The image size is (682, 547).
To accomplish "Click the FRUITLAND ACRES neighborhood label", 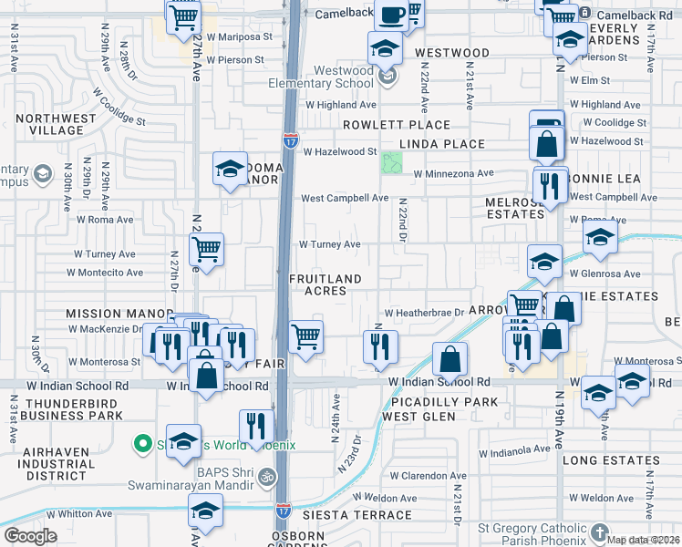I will pos(325,284).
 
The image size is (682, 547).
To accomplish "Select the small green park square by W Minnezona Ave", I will pos(393,164).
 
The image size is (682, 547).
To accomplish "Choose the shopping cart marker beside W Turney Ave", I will pos(207,248).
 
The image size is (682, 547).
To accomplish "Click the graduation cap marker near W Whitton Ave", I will pos(204,511).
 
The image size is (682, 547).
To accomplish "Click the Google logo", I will pos(30,536).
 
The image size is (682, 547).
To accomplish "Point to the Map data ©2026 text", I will pos(643,540).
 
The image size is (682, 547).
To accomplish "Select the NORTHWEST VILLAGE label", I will pos(56,124).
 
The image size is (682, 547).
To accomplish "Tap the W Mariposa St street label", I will pos(237,37).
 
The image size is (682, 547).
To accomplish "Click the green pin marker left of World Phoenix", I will pos(142,444).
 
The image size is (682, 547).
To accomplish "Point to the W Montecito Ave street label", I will pos(108,273).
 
